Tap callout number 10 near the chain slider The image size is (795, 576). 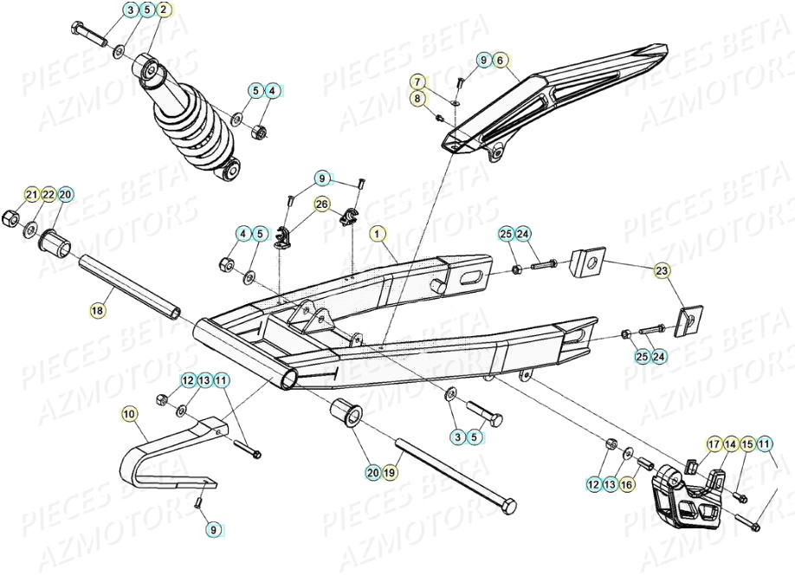129,414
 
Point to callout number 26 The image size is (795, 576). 321,205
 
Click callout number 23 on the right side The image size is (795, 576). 662,272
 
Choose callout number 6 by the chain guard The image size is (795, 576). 500,60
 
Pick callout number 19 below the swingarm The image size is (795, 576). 389,473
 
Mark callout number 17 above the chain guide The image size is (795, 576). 714,444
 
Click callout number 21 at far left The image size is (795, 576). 31,194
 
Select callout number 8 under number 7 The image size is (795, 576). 417,99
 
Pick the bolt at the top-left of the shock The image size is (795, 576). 88,35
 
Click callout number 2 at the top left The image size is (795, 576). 164,10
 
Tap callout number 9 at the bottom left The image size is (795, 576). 213,527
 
